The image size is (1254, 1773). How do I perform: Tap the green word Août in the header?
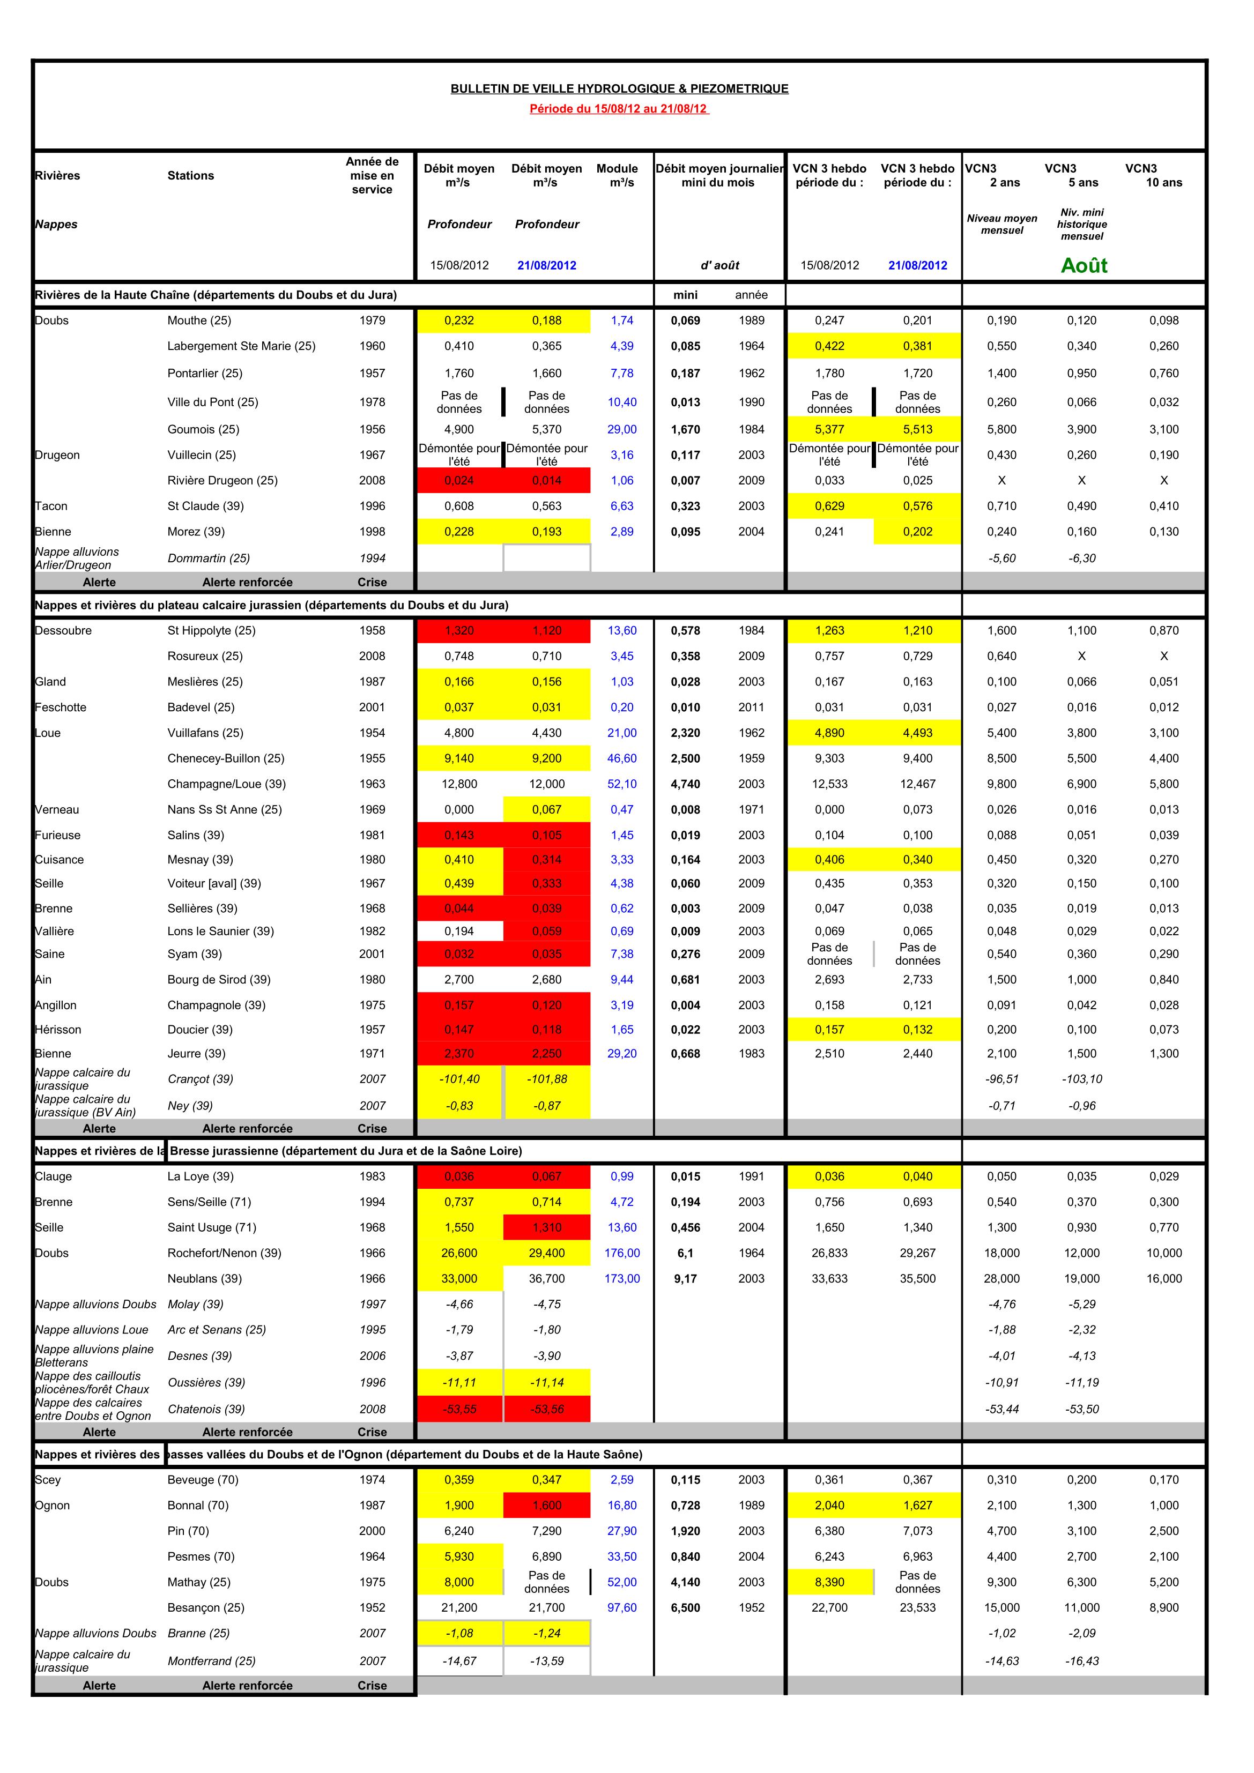tap(1084, 266)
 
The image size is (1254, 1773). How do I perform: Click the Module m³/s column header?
tap(617, 175)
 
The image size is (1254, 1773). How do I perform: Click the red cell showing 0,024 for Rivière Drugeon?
tap(459, 480)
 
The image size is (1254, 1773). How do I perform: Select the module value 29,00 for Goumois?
tap(622, 429)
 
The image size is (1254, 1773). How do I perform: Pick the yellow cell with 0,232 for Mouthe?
tap(459, 321)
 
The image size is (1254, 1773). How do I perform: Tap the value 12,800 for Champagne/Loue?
tap(459, 784)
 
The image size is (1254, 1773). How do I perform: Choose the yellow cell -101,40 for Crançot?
tap(459, 1079)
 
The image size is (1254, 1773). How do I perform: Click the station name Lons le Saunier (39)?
tap(220, 932)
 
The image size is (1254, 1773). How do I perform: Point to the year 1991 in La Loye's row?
tap(751, 1176)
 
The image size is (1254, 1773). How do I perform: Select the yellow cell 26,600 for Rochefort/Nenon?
tap(459, 1253)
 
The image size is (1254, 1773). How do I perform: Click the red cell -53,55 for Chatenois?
tap(459, 1409)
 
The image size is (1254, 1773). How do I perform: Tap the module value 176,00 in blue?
tap(622, 1253)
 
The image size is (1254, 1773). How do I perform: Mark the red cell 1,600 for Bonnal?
tap(546, 1505)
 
